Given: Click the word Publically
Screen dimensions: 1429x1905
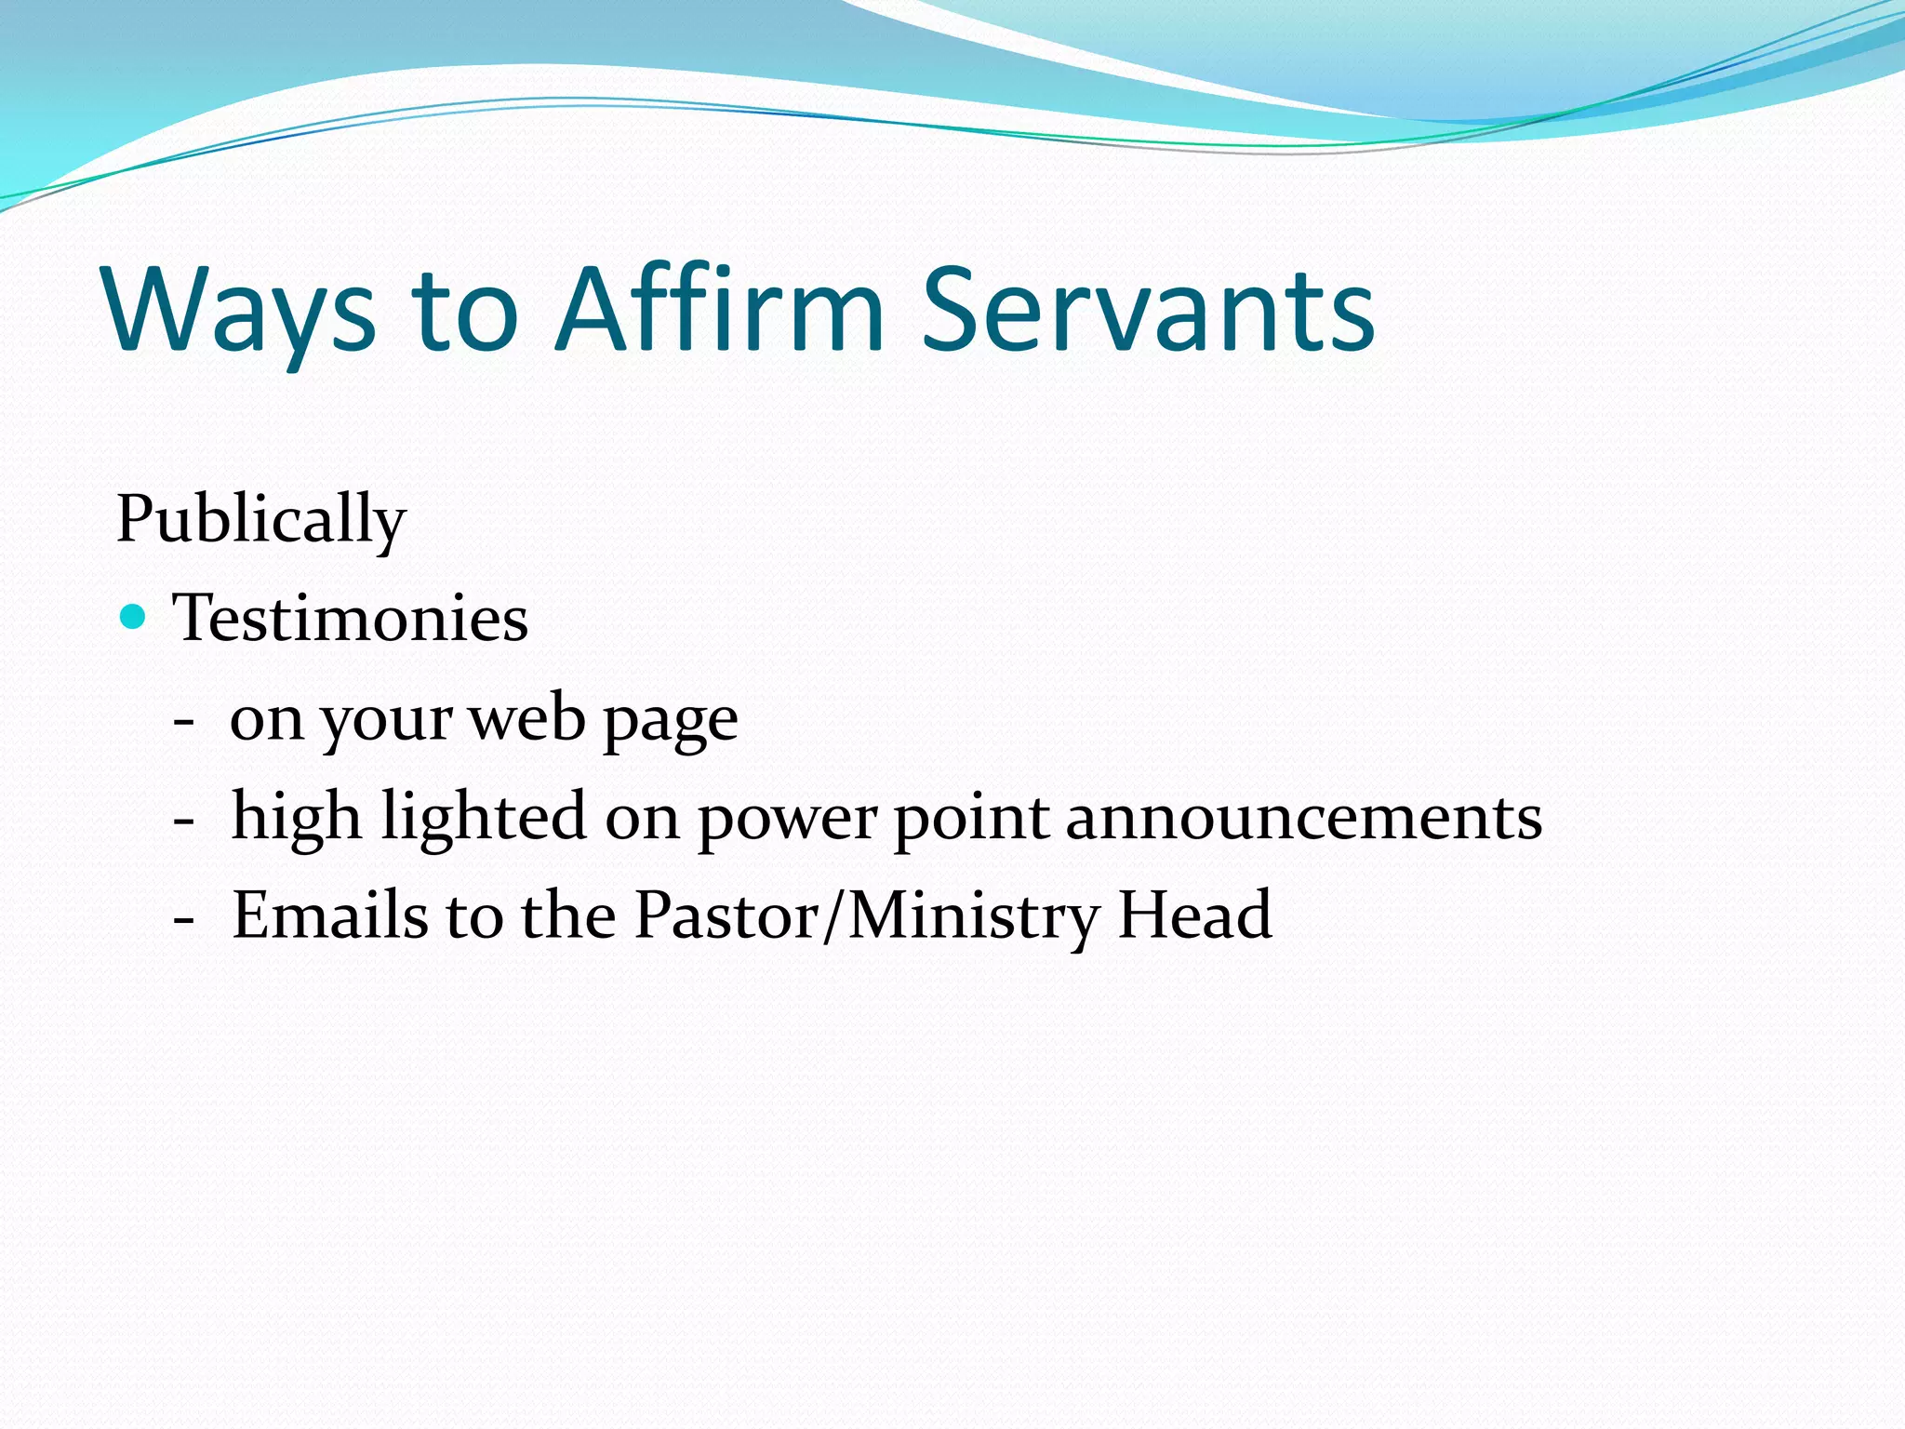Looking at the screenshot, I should click(260, 520).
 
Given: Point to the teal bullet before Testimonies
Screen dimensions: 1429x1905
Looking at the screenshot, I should click(134, 616).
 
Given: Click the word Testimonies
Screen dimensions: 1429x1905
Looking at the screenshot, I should click(350, 618).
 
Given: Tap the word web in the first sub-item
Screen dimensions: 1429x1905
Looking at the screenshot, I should click(526, 718).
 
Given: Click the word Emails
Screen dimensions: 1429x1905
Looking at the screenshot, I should click(329, 915).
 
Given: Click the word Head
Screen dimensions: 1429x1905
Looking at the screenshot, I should click(1194, 915).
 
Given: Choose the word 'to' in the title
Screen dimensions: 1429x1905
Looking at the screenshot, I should click(464, 312).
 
